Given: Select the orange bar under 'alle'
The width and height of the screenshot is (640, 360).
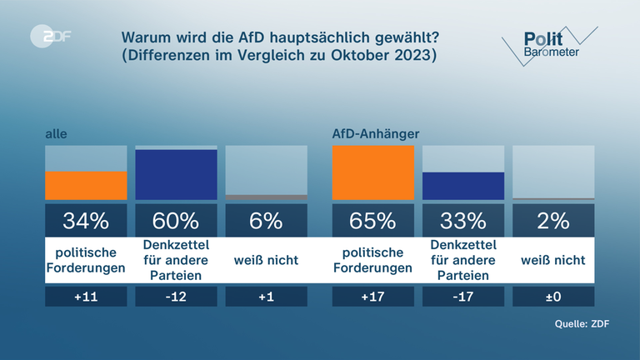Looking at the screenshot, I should click(86, 185).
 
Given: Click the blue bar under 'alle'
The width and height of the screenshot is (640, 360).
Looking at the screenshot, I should click(176, 174).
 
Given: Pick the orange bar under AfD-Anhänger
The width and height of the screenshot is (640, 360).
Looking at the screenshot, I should click(373, 172).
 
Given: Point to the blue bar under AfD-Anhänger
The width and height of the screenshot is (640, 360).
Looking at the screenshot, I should click(463, 186).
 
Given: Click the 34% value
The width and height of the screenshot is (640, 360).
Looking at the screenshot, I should click(86, 221).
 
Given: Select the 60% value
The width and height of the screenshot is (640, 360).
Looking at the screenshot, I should click(176, 221).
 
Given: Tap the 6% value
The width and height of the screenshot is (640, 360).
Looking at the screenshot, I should click(266, 221).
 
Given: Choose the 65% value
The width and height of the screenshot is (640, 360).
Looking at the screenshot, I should click(373, 221).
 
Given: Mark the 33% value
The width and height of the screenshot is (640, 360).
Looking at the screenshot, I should click(463, 221).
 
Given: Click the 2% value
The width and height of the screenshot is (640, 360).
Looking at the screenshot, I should click(553, 221).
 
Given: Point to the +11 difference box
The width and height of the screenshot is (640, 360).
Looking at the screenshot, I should click(86, 296).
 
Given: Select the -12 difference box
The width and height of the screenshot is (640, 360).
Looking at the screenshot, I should click(176, 296).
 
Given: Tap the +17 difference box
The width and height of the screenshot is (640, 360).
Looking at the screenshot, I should click(373, 296).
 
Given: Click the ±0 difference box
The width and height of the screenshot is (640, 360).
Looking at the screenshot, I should click(553, 296).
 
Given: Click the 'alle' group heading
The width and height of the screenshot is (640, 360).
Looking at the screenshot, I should click(56, 133).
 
